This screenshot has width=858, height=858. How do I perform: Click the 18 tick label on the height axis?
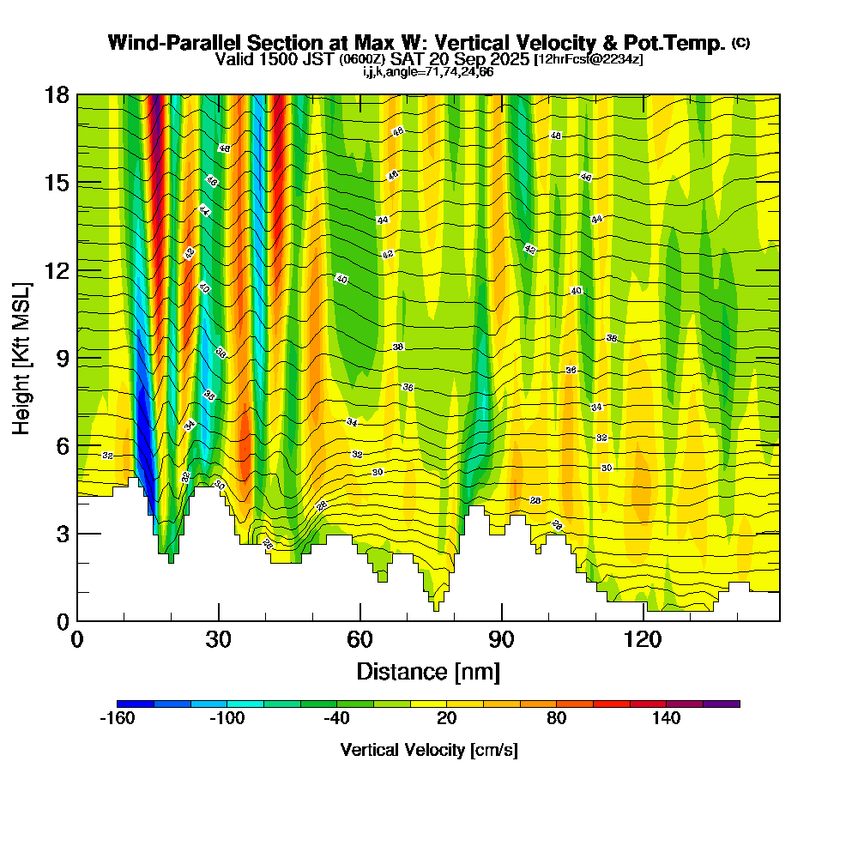[57, 94]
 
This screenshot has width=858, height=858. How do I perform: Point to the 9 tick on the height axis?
[77, 358]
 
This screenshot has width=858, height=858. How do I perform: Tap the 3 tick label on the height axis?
[63, 534]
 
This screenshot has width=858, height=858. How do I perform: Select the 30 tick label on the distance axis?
[219, 640]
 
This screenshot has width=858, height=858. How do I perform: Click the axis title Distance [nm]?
[428, 671]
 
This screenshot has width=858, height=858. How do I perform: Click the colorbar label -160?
[118, 718]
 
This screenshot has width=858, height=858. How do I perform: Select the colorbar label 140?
[666, 718]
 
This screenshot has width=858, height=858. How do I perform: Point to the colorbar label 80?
[557, 718]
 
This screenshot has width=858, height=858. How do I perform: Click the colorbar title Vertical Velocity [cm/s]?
[428, 750]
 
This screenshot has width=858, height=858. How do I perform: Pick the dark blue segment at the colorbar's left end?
[136, 704]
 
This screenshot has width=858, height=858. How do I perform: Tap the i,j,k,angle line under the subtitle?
[428, 71]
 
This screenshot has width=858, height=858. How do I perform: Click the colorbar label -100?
[227, 718]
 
